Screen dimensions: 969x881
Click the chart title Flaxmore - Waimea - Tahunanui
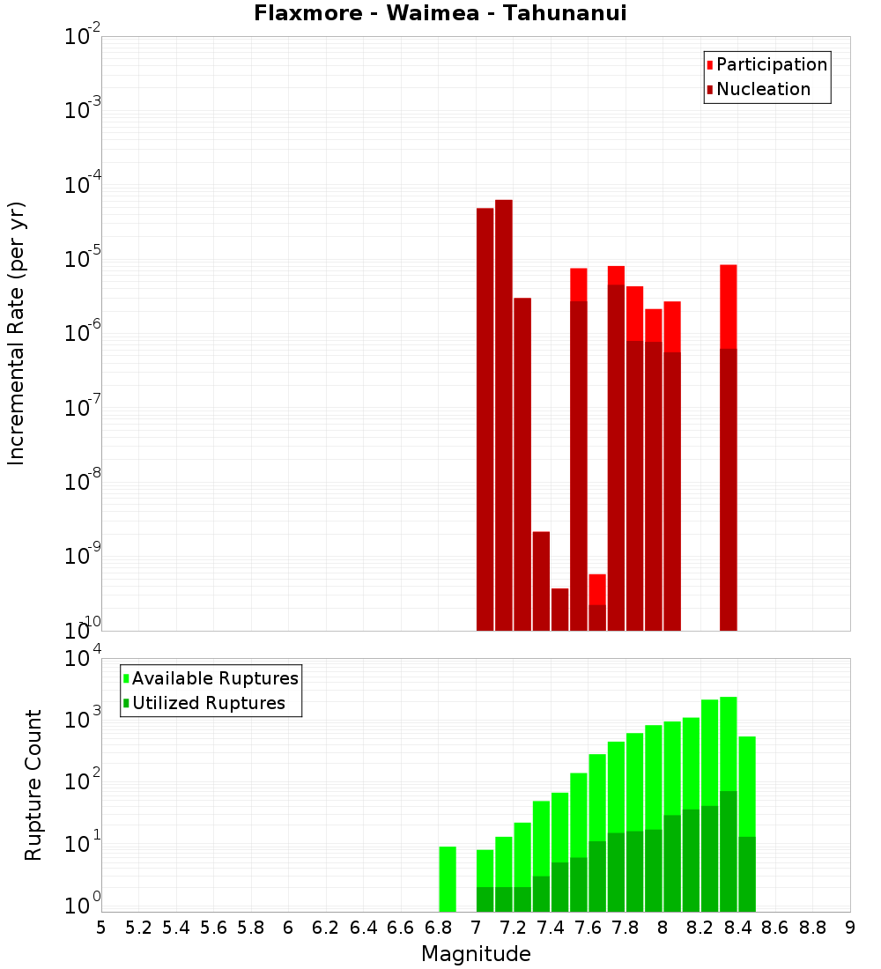[x=440, y=14]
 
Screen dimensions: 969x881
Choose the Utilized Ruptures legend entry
[x=208, y=703]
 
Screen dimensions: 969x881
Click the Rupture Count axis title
[x=33, y=784]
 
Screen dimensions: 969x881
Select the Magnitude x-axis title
[x=476, y=953]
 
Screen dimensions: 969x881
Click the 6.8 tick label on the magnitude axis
[x=439, y=927]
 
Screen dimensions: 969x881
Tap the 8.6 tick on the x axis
[x=775, y=927]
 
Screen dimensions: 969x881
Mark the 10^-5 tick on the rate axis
[x=82, y=259]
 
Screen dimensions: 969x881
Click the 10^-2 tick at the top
[x=82, y=37]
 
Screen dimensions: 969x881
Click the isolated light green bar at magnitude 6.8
[x=448, y=879]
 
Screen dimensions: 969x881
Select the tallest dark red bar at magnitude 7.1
[x=504, y=414]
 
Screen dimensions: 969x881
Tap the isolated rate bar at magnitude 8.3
[x=729, y=440]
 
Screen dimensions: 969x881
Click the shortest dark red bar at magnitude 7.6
[x=597, y=618]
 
